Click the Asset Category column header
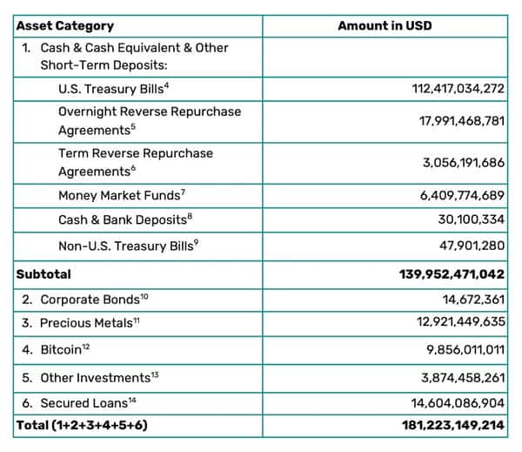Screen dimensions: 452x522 click(64, 26)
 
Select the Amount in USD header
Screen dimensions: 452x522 click(385, 26)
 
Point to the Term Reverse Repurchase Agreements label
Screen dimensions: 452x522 click(135, 162)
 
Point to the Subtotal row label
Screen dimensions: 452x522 click(43, 273)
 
